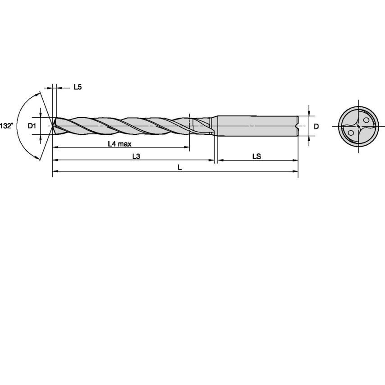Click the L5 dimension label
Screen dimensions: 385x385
(78, 87)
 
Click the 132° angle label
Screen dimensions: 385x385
(6, 126)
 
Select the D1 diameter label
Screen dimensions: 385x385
(32, 126)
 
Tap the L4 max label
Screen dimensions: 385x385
(119, 144)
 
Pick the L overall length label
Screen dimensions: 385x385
(180, 167)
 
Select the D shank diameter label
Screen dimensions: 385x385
(316, 126)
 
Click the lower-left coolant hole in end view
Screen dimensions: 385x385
(351, 132)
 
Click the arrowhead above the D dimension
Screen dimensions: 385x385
(309, 113)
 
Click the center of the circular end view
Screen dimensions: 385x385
(358, 126)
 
